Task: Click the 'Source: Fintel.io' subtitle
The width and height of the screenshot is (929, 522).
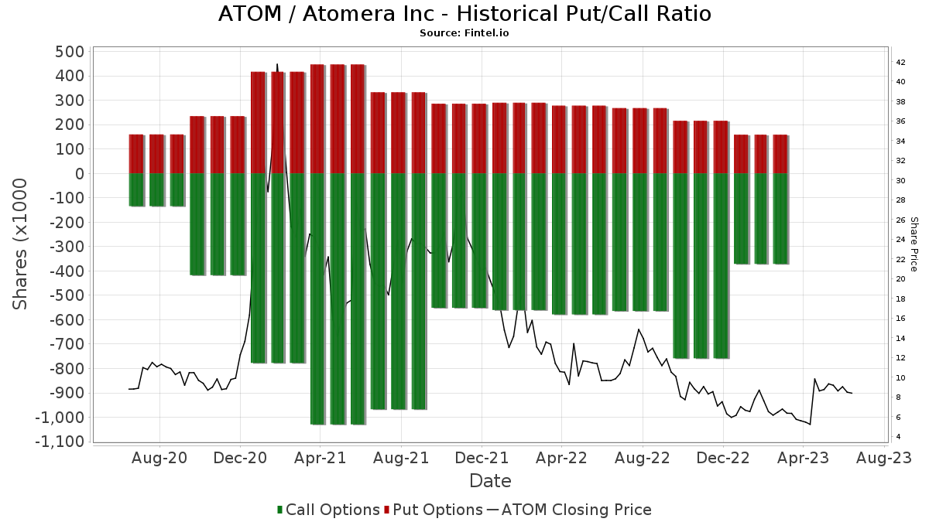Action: (x=464, y=33)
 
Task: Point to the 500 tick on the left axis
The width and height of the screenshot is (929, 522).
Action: (x=69, y=52)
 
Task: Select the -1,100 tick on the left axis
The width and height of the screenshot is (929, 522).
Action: (x=59, y=442)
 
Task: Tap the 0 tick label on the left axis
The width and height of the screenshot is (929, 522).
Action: (x=78, y=174)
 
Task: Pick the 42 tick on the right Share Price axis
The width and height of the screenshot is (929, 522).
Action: (x=900, y=62)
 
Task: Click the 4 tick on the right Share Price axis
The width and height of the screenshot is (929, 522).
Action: (x=898, y=437)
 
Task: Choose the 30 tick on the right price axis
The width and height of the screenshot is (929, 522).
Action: (x=900, y=180)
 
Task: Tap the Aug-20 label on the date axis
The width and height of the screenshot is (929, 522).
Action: (x=160, y=459)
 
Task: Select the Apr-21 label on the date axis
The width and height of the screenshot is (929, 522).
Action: (x=320, y=459)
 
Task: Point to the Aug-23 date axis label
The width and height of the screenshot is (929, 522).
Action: (x=883, y=459)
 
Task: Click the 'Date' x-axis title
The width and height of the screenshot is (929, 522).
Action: (x=490, y=481)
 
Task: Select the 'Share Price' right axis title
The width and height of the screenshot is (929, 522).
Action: (x=914, y=244)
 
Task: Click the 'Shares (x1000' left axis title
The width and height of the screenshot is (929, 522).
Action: (x=21, y=244)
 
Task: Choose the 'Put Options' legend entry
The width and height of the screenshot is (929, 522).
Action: (x=438, y=510)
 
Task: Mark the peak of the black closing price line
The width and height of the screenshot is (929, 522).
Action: (x=277, y=65)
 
